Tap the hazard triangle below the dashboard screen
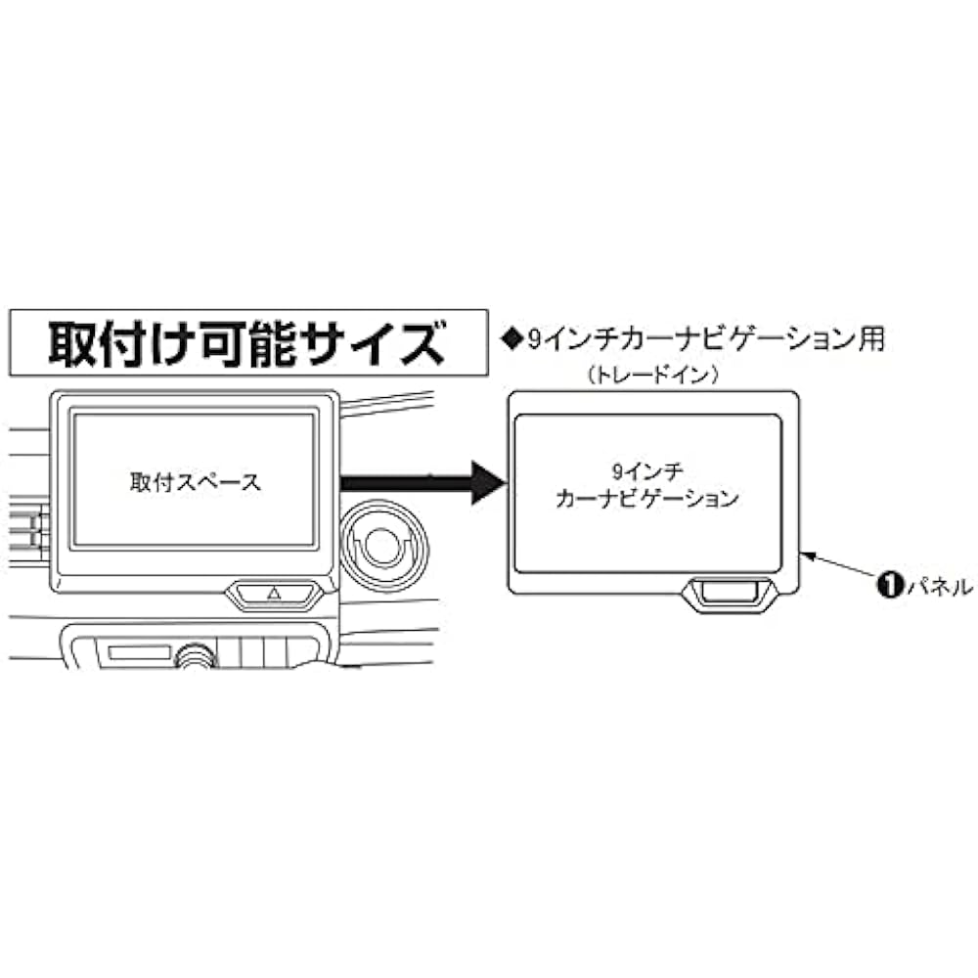tap(274, 592)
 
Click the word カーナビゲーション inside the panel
tap(646, 499)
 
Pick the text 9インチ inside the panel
tap(646, 470)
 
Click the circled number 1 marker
tap(889, 587)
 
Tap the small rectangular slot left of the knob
tap(137, 651)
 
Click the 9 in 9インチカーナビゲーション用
tap(534, 339)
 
